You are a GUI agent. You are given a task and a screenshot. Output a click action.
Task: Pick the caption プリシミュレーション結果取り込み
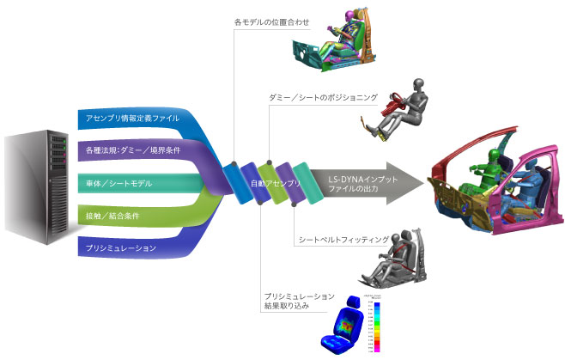(x=299, y=302)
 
